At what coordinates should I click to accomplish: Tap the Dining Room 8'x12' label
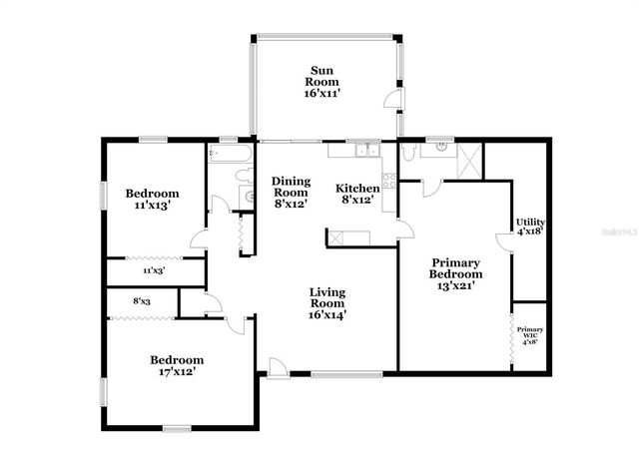pyautogui.click(x=290, y=192)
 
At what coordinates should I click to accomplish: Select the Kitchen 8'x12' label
pyautogui.click(x=356, y=194)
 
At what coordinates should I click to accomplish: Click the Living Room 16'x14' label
pyautogui.click(x=326, y=303)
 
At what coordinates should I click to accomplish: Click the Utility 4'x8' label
pyautogui.click(x=529, y=226)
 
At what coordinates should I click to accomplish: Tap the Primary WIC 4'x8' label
pyautogui.click(x=529, y=334)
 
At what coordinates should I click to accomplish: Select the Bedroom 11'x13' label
pyautogui.click(x=152, y=199)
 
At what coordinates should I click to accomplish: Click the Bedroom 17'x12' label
pyautogui.click(x=177, y=365)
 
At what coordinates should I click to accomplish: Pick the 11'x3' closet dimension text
pyautogui.click(x=154, y=270)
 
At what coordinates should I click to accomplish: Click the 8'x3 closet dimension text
pyautogui.click(x=142, y=300)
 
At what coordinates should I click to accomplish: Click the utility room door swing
pyautogui.click(x=505, y=242)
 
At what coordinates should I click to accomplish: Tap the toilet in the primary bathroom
pyautogui.click(x=409, y=154)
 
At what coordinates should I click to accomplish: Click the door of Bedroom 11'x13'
pyautogui.click(x=200, y=238)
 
